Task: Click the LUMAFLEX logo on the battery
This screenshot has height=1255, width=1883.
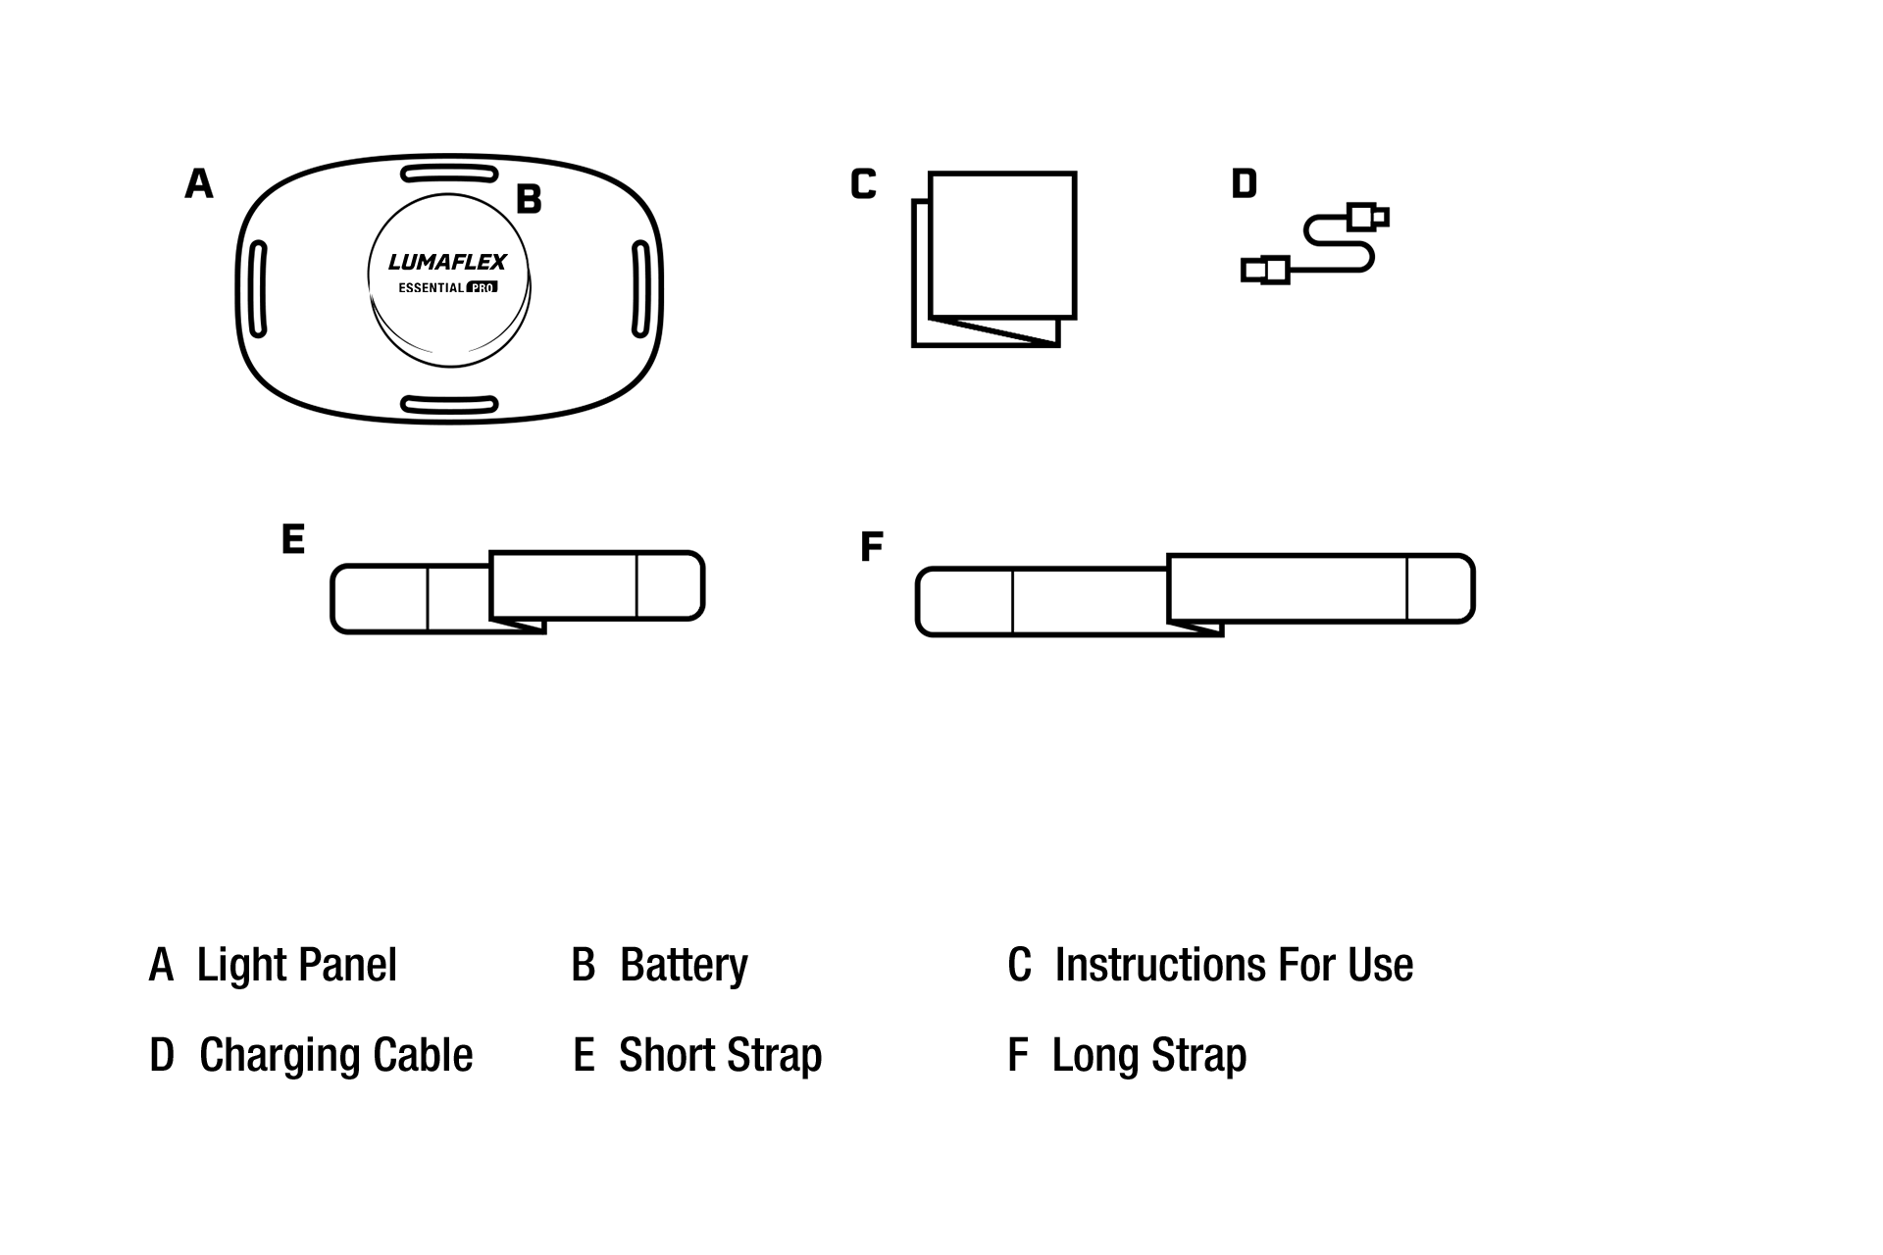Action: (447, 262)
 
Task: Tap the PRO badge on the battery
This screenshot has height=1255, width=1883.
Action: (483, 287)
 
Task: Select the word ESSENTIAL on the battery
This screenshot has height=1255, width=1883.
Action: (431, 288)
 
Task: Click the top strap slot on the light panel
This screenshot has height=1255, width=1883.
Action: (449, 175)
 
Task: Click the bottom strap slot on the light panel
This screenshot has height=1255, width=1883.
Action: (449, 404)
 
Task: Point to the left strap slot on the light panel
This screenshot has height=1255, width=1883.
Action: (258, 289)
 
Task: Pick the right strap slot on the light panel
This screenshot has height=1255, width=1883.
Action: (640, 289)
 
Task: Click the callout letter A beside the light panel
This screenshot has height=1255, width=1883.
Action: (199, 183)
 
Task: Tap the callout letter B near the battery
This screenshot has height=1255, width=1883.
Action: (529, 199)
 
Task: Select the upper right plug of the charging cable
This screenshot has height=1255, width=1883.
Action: (1367, 216)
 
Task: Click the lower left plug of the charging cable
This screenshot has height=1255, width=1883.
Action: (1265, 269)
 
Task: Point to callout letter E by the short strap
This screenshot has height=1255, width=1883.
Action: (293, 539)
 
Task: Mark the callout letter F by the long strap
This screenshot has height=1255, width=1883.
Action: (872, 546)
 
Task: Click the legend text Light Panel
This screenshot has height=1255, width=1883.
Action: (296, 965)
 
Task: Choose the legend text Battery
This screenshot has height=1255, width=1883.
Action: (684, 965)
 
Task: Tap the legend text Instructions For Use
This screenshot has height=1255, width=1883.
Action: (1234, 965)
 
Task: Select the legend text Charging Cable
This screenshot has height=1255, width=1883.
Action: (335, 1056)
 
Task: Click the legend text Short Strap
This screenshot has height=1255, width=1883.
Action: (720, 1056)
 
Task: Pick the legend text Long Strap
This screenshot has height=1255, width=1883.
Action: (1148, 1056)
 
